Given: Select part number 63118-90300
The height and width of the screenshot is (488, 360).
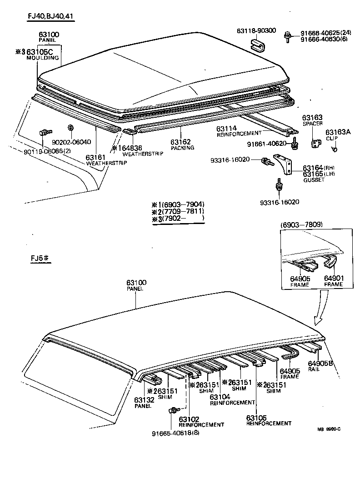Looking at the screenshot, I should tap(256, 30).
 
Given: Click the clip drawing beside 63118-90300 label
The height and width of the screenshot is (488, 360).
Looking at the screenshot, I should tap(258, 45).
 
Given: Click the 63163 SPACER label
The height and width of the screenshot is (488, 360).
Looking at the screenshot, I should tap(312, 120).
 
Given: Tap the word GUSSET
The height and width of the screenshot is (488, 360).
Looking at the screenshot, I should tap(314, 180).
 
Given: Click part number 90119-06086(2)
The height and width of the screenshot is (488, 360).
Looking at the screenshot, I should tap(47, 151).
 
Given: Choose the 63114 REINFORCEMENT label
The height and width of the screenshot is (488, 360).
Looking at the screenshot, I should tap(239, 130).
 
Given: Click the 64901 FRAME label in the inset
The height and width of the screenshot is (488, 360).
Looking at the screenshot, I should tap(333, 281).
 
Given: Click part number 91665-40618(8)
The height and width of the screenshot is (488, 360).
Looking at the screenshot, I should tap(175, 433).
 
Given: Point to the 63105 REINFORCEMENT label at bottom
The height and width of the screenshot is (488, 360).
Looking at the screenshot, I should tap(268, 420).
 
